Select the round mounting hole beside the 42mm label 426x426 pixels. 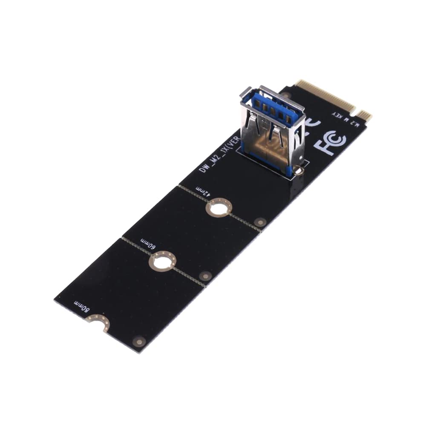point(219,208)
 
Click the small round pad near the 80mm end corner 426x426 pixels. point(139,341)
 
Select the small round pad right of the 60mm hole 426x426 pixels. point(205,276)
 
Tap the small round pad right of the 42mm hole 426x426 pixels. point(260,222)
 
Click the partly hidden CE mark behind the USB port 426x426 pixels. point(312,124)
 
